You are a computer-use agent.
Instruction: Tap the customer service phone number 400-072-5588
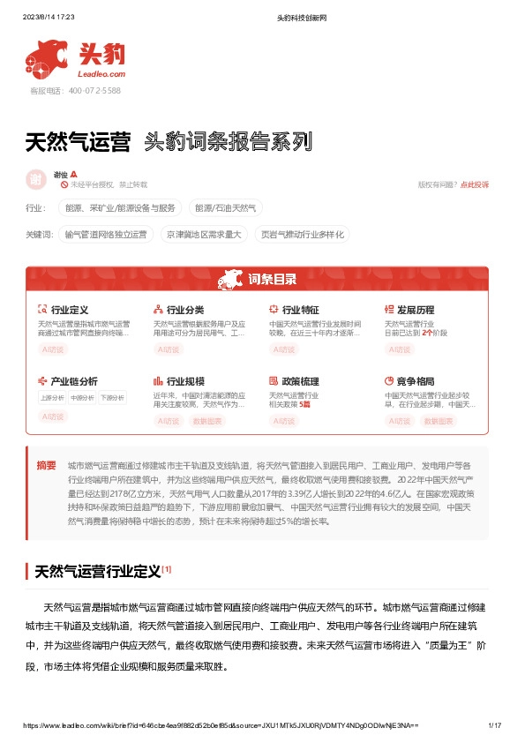tap(86, 91)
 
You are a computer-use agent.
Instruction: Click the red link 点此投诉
tap(474, 184)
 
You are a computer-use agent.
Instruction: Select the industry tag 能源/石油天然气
tap(226, 209)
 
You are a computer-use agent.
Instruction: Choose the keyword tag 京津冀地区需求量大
tap(204, 235)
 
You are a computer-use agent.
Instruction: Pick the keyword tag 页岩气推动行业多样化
tap(302, 235)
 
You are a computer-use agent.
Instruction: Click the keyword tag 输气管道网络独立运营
tap(105, 235)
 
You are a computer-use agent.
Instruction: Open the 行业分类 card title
tap(184, 311)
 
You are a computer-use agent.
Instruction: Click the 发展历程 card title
tap(415, 311)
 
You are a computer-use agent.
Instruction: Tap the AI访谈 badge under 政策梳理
tap(283, 421)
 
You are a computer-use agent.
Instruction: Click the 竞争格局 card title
tap(415, 381)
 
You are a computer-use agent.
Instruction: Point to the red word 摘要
tap(46, 465)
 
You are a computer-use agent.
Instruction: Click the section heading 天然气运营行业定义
tap(97, 571)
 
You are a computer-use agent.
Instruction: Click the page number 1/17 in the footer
tap(494, 725)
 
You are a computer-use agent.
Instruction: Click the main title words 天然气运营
tap(78, 141)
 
